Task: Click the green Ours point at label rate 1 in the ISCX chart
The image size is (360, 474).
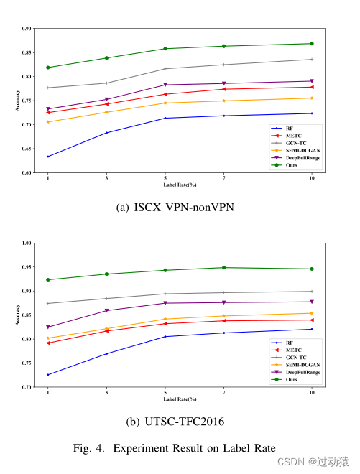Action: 47,68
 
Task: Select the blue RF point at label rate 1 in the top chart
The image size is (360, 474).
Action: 47,157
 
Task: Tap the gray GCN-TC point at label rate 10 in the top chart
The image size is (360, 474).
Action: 311,59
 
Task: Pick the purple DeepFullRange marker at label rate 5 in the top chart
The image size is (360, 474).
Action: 165,85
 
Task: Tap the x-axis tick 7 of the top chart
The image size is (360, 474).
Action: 223,177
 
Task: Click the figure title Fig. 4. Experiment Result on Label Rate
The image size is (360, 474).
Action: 175,447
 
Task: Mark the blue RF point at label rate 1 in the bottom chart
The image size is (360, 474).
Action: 47,375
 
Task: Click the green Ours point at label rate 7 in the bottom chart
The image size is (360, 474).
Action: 223,268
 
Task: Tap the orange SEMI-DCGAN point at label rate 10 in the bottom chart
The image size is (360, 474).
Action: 311,313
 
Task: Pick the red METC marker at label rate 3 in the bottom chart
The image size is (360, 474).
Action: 106,330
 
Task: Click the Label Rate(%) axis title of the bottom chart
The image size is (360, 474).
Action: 180,399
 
